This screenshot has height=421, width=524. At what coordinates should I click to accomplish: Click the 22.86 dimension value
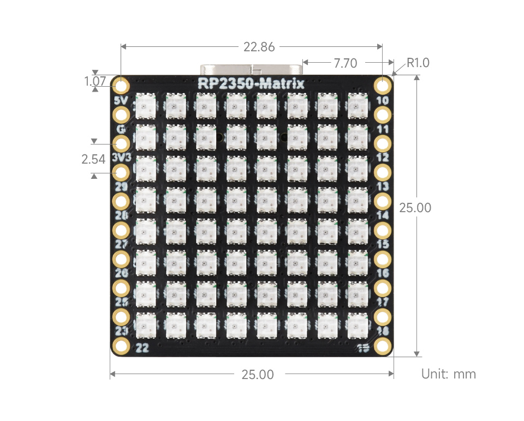pyautogui.click(x=259, y=47)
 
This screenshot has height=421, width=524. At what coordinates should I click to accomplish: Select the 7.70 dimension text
pyautogui.click(x=345, y=64)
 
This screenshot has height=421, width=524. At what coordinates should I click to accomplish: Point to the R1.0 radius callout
pyautogui.click(x=418, y=63)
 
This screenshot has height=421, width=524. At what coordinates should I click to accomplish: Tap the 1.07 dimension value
pyautogui.click(x=94, y=81)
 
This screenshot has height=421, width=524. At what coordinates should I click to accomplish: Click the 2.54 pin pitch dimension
pyautogui.click(x=93, y=159)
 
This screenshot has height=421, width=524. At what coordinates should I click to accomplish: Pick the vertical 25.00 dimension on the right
pyautogui.click(x=415, y=208)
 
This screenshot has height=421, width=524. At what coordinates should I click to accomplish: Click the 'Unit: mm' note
pyautogui.click(x=448, y=374)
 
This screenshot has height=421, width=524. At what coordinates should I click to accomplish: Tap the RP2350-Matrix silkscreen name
pyautogui.click(x=251, y=83)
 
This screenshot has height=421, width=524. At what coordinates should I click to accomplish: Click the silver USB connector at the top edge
pyautogui.click(x=251, y=71)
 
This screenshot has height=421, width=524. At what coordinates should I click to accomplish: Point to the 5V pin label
pyautogui.click(x=121, y=101)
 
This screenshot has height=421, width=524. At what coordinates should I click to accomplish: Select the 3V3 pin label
pyautogui.click(x=121, y=158)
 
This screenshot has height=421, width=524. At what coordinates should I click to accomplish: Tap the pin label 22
pyautogui.click(x=142, y=348)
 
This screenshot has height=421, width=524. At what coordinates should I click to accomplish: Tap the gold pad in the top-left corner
pyautogui.click(x=121, y=86)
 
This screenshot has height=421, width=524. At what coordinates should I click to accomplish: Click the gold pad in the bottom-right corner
pyautogui.click(x=383, y=345)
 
